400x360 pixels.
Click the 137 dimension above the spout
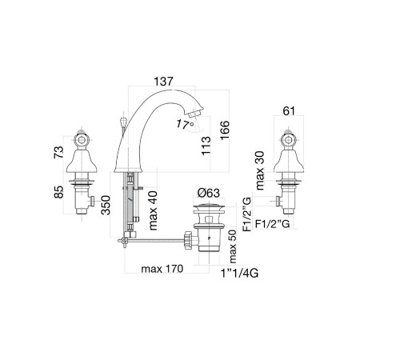click(x=163, y=82)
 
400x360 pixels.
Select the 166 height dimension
click(x=225, y=130)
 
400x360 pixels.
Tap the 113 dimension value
click(x=206, y=146)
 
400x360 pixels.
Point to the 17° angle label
click(x=185, y=125)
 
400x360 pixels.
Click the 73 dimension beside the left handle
click(x=58, y=152)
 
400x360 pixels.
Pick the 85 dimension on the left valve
click(x=58, y=192)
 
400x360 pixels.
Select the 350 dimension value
click(x=106, y=205)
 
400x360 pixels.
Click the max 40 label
click(x=153, y=210)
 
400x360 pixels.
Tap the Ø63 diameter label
click(x=208, y=193)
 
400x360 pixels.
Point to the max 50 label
click(x=233, y=246)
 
